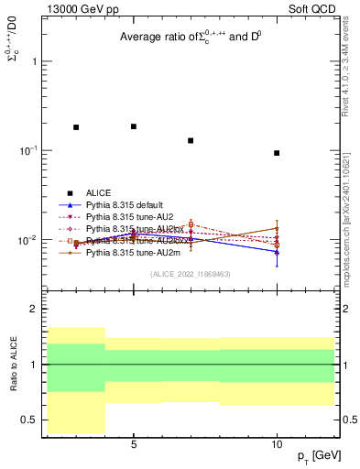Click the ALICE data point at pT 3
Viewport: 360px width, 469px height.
tap(76, 127)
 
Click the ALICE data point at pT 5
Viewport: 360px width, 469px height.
tap(134, 126)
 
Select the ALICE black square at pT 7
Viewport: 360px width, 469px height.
tap(191, 140)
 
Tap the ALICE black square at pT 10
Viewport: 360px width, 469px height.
tap(277, 153)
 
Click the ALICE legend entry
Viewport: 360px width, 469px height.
tap(98, 192)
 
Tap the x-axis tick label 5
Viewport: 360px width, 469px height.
tap(134, 444)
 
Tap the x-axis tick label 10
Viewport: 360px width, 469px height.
tap(277, 444)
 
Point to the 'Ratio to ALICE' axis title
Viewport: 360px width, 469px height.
tap(12, 364)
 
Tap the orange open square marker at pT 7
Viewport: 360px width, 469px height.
tap(191, 224)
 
